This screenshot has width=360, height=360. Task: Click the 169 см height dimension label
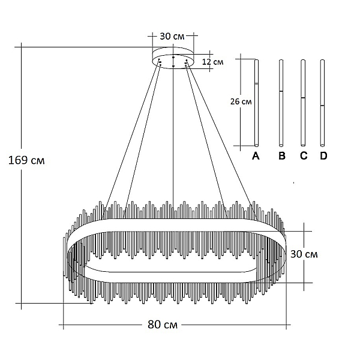coord(26,160)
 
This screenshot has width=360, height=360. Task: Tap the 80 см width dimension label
coord(163,325)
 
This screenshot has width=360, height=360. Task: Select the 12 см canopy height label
coord(212,62)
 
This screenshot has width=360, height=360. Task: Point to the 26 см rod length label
coord(241,101)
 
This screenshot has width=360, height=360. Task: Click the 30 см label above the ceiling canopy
coord(172,36)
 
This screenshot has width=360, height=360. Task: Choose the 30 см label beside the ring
coord(304,254)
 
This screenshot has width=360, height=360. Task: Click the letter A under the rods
coord(256,156)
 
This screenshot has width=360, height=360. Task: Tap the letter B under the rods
coord(282,156)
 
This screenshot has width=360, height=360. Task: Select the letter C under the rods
coord(304,156)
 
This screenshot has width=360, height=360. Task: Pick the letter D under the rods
coord(323,156)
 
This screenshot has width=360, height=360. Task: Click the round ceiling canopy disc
coord(173,58)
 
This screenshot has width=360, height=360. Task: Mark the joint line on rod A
coord(256,84)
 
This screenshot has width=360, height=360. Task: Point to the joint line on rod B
coord(281,91)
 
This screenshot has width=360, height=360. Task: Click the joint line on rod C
coord(303,98)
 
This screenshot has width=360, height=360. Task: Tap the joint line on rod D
coord(322,106)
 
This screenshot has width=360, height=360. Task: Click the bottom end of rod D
coord(322,145)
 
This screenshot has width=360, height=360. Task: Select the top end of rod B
coord(281,60)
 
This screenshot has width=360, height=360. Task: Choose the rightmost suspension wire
coord(221,139)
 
